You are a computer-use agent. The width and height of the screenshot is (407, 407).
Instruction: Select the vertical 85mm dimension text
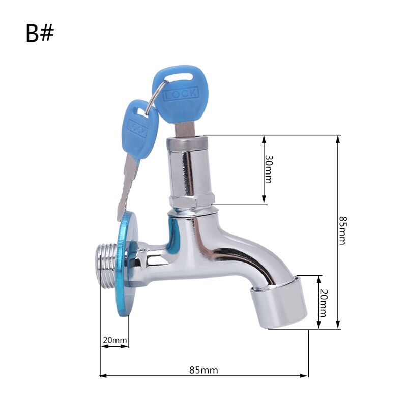pos(342,230)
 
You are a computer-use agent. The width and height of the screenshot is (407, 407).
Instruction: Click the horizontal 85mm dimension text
pos(203,370)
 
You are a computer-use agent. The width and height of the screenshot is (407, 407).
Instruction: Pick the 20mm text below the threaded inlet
pos(114,340)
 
